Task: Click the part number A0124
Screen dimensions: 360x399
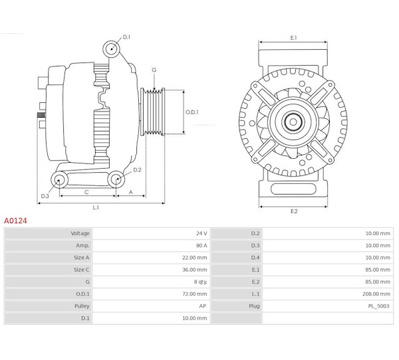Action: point(15,219)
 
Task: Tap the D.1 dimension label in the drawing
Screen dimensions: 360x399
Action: point(126,38)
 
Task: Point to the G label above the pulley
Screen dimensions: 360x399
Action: point(154,70)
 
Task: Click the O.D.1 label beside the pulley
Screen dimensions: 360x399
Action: point(192,112)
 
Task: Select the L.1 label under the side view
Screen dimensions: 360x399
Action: point(96,207)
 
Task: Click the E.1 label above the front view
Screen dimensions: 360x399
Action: point(293,38)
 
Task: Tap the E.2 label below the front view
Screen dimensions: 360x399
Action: point(293,211)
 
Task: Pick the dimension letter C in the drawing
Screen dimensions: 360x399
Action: point(87,192)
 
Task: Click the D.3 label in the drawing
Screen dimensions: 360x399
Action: point(45,196)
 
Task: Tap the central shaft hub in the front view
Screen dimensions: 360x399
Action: point(293,122)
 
